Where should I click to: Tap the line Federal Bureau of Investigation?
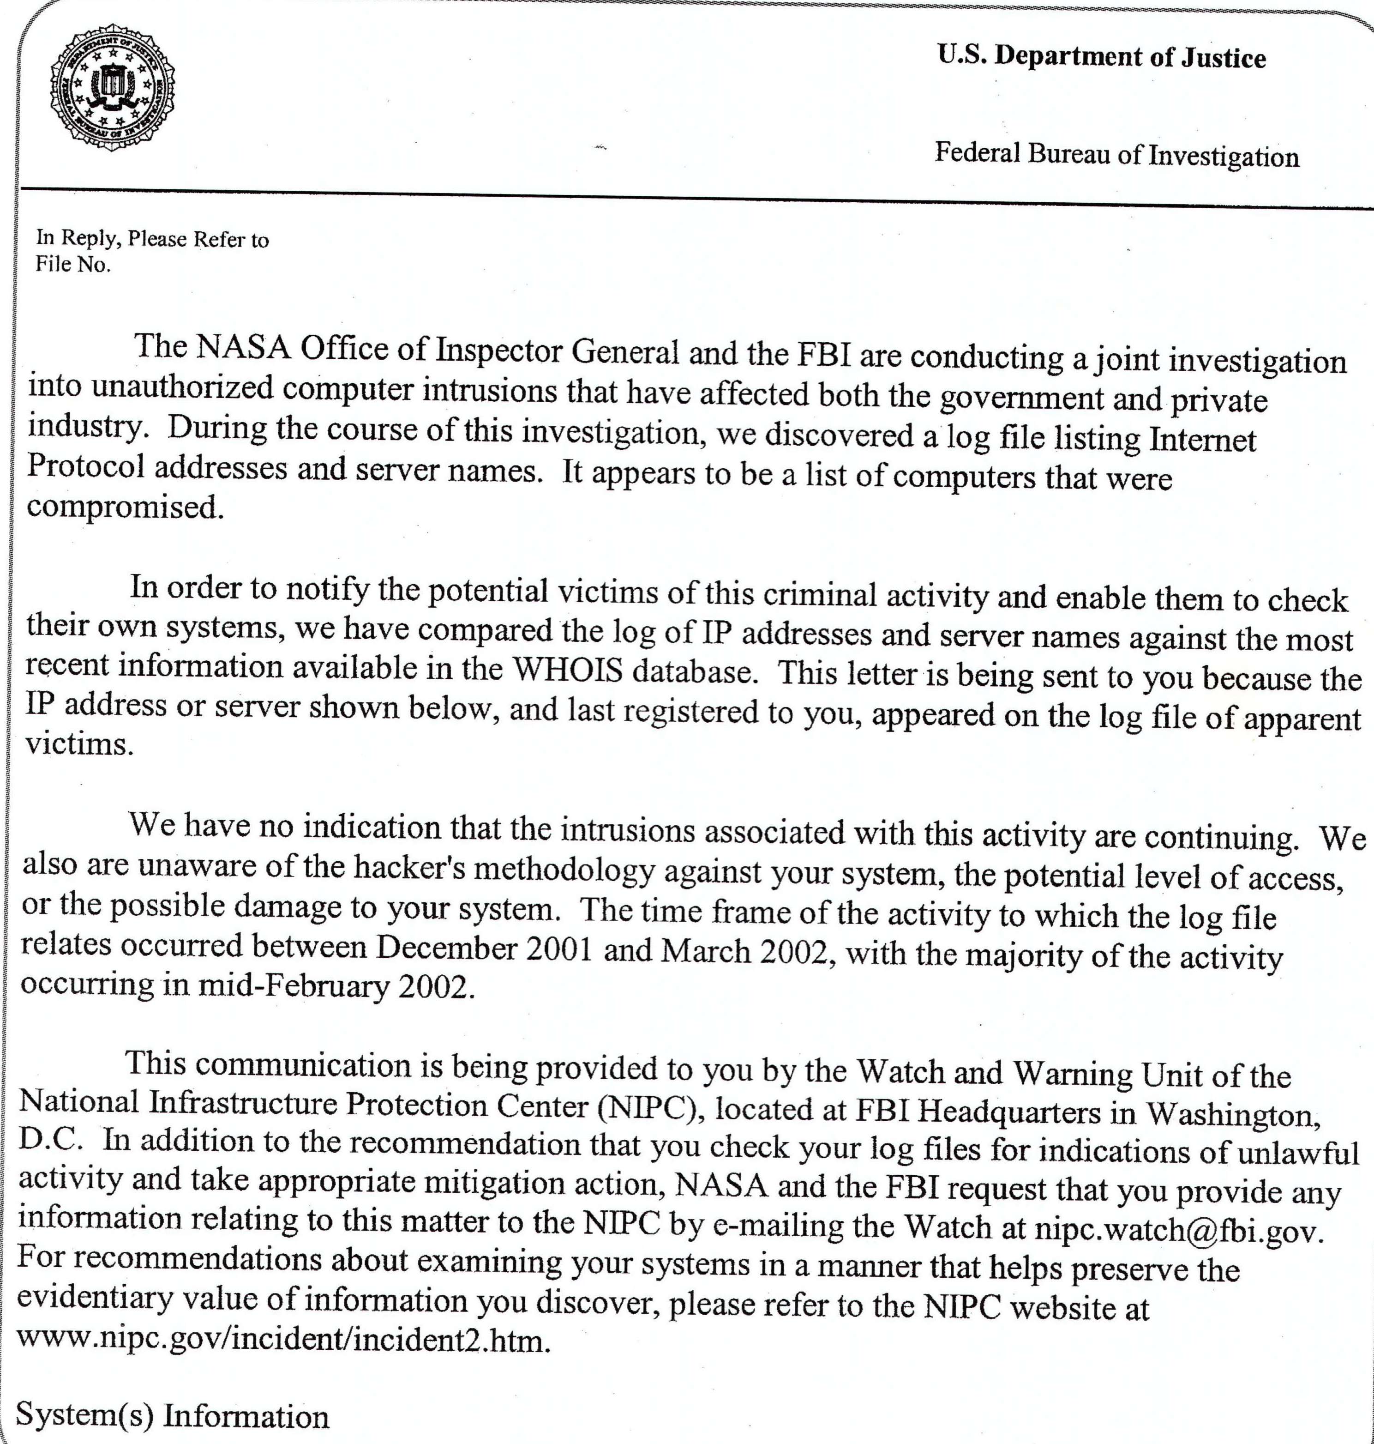pos(1116,155)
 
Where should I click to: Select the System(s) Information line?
pos(172,1415)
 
